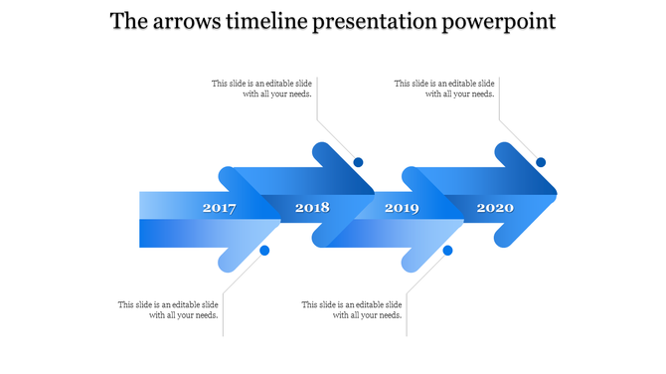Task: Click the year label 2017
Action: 219,208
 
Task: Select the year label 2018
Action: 312,208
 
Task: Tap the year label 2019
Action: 402,208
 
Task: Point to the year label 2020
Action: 495,208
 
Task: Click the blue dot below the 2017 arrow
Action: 264,251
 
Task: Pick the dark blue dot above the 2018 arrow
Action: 358,162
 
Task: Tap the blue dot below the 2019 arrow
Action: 447,251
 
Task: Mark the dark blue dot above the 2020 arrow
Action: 541,162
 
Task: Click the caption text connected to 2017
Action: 168,309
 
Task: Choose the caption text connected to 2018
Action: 262,89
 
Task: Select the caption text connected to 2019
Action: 352,309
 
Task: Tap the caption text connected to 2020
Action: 444,89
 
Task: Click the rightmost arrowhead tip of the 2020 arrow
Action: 554,193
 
